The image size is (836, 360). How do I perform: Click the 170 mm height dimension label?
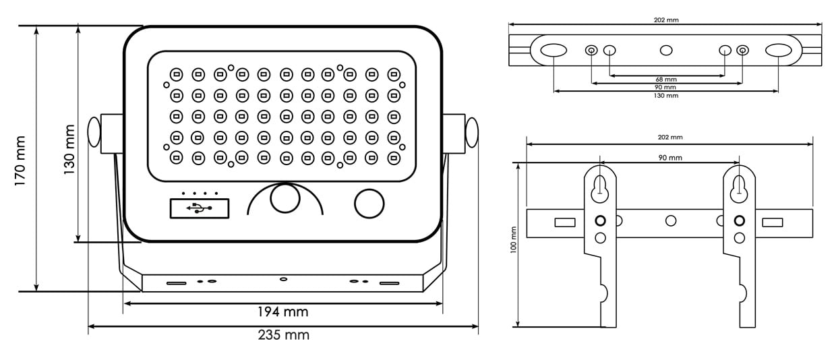coord(20,160)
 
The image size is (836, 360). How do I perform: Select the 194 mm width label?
coord(282,312)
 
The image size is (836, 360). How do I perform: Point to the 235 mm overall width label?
coord(283,335)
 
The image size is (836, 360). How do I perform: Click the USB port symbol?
coord(199,208)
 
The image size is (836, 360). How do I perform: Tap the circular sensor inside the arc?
coord(285,200)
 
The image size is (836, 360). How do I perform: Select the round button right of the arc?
coord(369,203)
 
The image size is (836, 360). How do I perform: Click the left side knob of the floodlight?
coord(94,133)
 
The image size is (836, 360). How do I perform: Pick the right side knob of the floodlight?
coord(472,133)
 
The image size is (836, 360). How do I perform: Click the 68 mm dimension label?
coord(666,80)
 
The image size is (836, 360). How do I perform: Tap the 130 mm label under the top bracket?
coord(666,96)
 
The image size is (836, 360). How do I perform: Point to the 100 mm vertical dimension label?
coord(514,239)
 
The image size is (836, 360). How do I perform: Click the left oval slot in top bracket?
coord(553,51)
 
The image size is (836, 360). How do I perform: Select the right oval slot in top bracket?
coord(779,51)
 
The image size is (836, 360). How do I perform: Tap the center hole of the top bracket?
coord(666,51)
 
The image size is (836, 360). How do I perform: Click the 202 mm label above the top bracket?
coord(666,20)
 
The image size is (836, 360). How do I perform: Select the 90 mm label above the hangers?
coord(669,158)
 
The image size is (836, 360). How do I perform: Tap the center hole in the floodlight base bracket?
coord(283,278)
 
